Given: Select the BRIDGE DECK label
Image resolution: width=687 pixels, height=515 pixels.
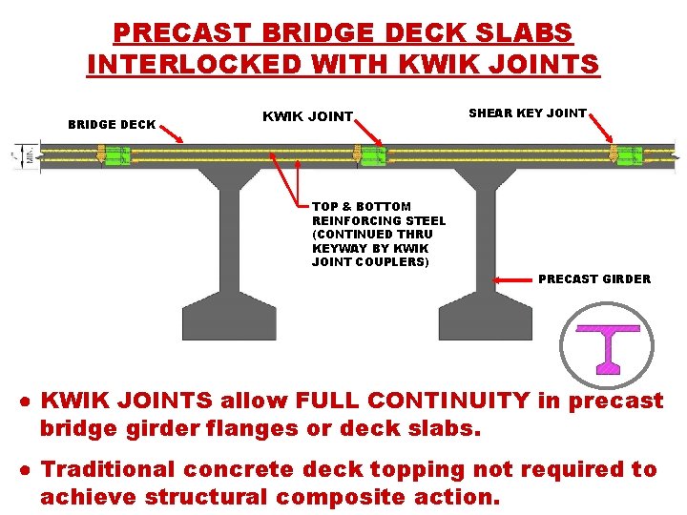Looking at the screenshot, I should [112, 125].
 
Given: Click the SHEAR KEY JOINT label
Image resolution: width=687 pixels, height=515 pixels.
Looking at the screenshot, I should [528, 113].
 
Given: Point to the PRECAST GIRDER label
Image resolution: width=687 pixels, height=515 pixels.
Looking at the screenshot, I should [594, 279].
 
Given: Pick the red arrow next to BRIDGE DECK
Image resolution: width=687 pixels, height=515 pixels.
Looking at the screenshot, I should [175, 134].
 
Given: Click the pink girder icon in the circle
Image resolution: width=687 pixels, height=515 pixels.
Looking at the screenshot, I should [607, 346].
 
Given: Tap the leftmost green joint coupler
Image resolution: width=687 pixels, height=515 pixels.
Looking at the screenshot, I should [116, 155].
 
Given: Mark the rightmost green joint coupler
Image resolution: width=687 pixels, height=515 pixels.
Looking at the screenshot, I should [629, 155].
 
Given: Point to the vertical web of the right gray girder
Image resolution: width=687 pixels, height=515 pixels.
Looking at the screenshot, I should [486, 238].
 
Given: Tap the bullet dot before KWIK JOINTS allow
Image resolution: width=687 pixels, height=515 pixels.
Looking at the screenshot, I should [29, 402].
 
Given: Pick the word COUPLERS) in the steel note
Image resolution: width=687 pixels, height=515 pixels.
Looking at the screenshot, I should [392, 262].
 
